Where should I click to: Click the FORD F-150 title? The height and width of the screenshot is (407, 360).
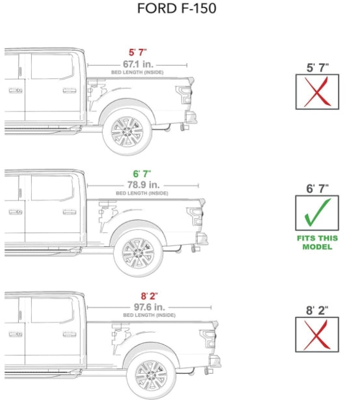coord(176,8)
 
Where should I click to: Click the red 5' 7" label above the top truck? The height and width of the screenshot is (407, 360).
coord(138,53)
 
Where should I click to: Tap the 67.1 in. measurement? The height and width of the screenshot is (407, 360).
coord(138,64)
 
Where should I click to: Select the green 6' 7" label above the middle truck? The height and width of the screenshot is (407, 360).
coord(142,174)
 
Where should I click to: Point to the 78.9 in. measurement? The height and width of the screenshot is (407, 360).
coord(143,185)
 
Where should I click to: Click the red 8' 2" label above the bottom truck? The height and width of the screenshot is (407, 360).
coord(149,296)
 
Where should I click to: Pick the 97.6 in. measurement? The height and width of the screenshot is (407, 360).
coord(150,307)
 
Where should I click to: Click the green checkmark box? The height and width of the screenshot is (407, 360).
coord(317,213)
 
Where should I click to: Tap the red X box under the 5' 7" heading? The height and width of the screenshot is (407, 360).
coord(317,92)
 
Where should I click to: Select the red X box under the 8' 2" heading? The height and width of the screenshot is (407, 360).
coord(317,335)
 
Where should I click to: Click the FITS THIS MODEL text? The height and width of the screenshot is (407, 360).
coord(317,242)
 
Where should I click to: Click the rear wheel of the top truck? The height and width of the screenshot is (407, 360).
coord(127,132)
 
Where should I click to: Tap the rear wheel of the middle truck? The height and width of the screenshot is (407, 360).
coord(138,253)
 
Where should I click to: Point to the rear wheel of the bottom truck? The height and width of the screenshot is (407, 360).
coord(151,375)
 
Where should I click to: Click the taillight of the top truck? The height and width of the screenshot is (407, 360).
coord(184,94)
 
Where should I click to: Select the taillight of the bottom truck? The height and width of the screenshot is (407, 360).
coord(208,338)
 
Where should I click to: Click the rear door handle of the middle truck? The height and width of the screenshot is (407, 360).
coord(70,212)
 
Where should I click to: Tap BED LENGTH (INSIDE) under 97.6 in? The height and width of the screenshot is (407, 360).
coord(149,315)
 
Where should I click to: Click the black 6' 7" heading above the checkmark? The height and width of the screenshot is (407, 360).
coord(317,189)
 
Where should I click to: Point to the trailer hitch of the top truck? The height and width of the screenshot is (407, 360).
coord(185,127)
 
